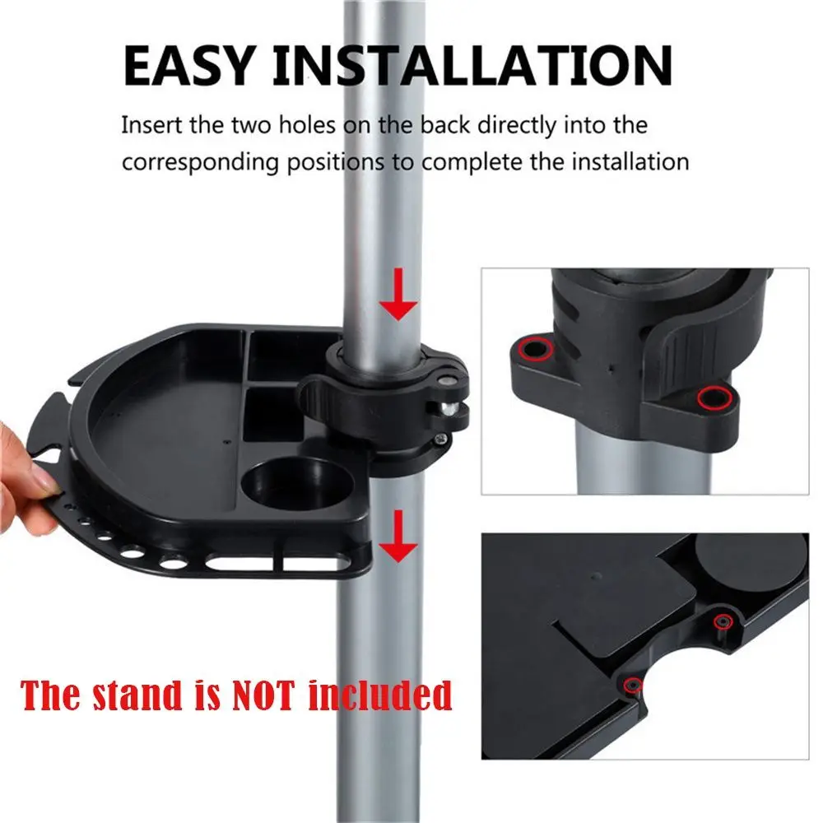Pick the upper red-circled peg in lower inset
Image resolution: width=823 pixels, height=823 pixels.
(723, 621)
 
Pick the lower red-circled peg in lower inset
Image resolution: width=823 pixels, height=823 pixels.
(632, 685)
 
